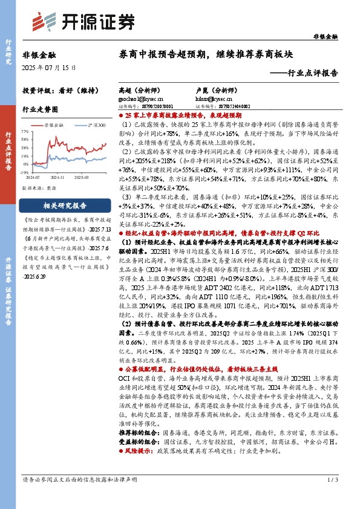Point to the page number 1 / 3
[x=331, y=496]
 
